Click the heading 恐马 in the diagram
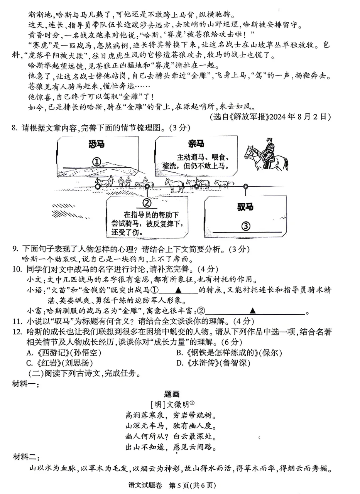coord(96,145)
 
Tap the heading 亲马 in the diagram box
coord(196,144)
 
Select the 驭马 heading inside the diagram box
coord(245,207)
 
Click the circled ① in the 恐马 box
coord(96,162)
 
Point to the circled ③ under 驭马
coord(246,226)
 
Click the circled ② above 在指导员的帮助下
coord(147,203)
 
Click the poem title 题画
coord(172,394)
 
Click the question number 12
coord(17,332)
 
